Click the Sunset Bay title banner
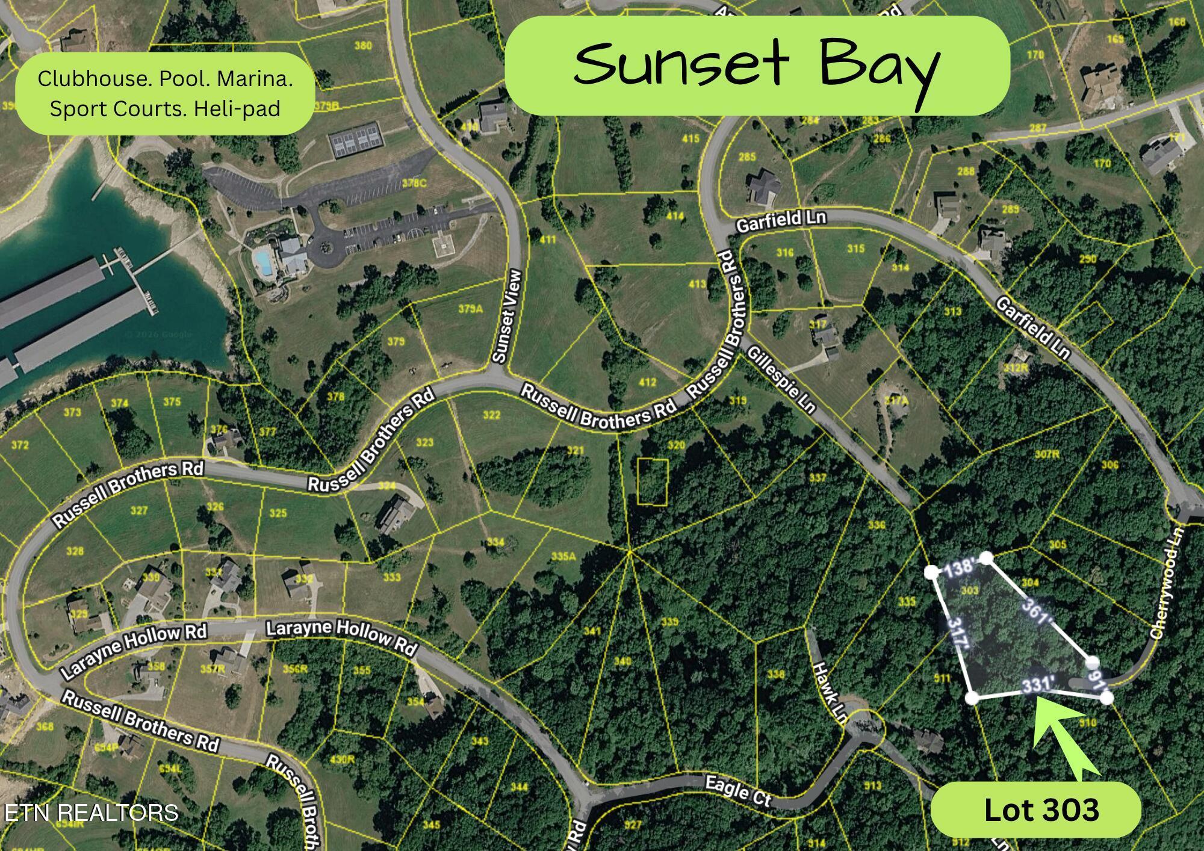(756, 65)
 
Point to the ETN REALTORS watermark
(91, 812)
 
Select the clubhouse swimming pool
(262, 261)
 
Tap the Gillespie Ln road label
(781, 380)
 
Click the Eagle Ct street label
(737, 790)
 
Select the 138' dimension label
(959, 568)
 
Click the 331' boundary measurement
(1038, 684)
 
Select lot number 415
(690, 139)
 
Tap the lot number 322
(491, 415)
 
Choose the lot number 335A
(563, 557)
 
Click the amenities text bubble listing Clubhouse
(165, 93)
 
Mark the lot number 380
(363, 46)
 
